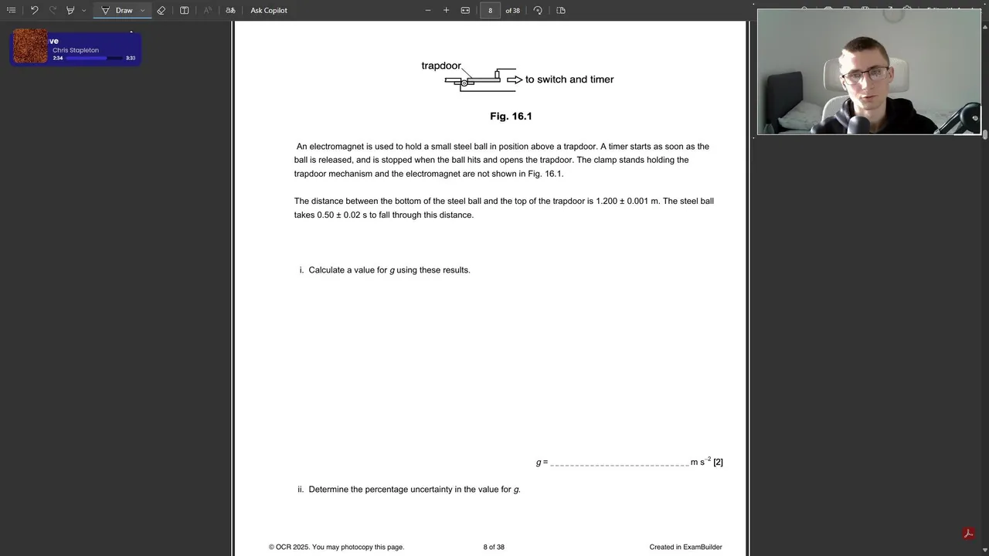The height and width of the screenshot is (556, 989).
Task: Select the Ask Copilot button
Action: point(268,10)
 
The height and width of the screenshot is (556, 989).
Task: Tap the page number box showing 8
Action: point(490,10)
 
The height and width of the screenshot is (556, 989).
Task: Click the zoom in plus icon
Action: point(446,10)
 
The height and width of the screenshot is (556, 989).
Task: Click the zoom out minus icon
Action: point(428,10)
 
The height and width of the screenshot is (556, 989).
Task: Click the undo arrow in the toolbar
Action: point(34,10)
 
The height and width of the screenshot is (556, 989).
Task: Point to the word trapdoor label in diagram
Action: point(440,66)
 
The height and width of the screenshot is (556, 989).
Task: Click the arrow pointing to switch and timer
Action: point(515,80)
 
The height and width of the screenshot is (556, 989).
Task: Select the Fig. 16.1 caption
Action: point(511,116)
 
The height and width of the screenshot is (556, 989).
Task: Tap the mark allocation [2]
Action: point(718,462)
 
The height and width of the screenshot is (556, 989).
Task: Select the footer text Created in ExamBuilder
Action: point(685,547)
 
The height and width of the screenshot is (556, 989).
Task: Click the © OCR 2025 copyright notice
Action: point(336,547)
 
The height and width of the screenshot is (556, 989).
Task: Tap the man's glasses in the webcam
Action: point(865,75)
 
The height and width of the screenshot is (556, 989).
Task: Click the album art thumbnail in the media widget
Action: point(31,46)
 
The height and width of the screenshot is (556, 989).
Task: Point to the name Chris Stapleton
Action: point(76,50)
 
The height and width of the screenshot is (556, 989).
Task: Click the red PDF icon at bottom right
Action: point(967,534)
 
